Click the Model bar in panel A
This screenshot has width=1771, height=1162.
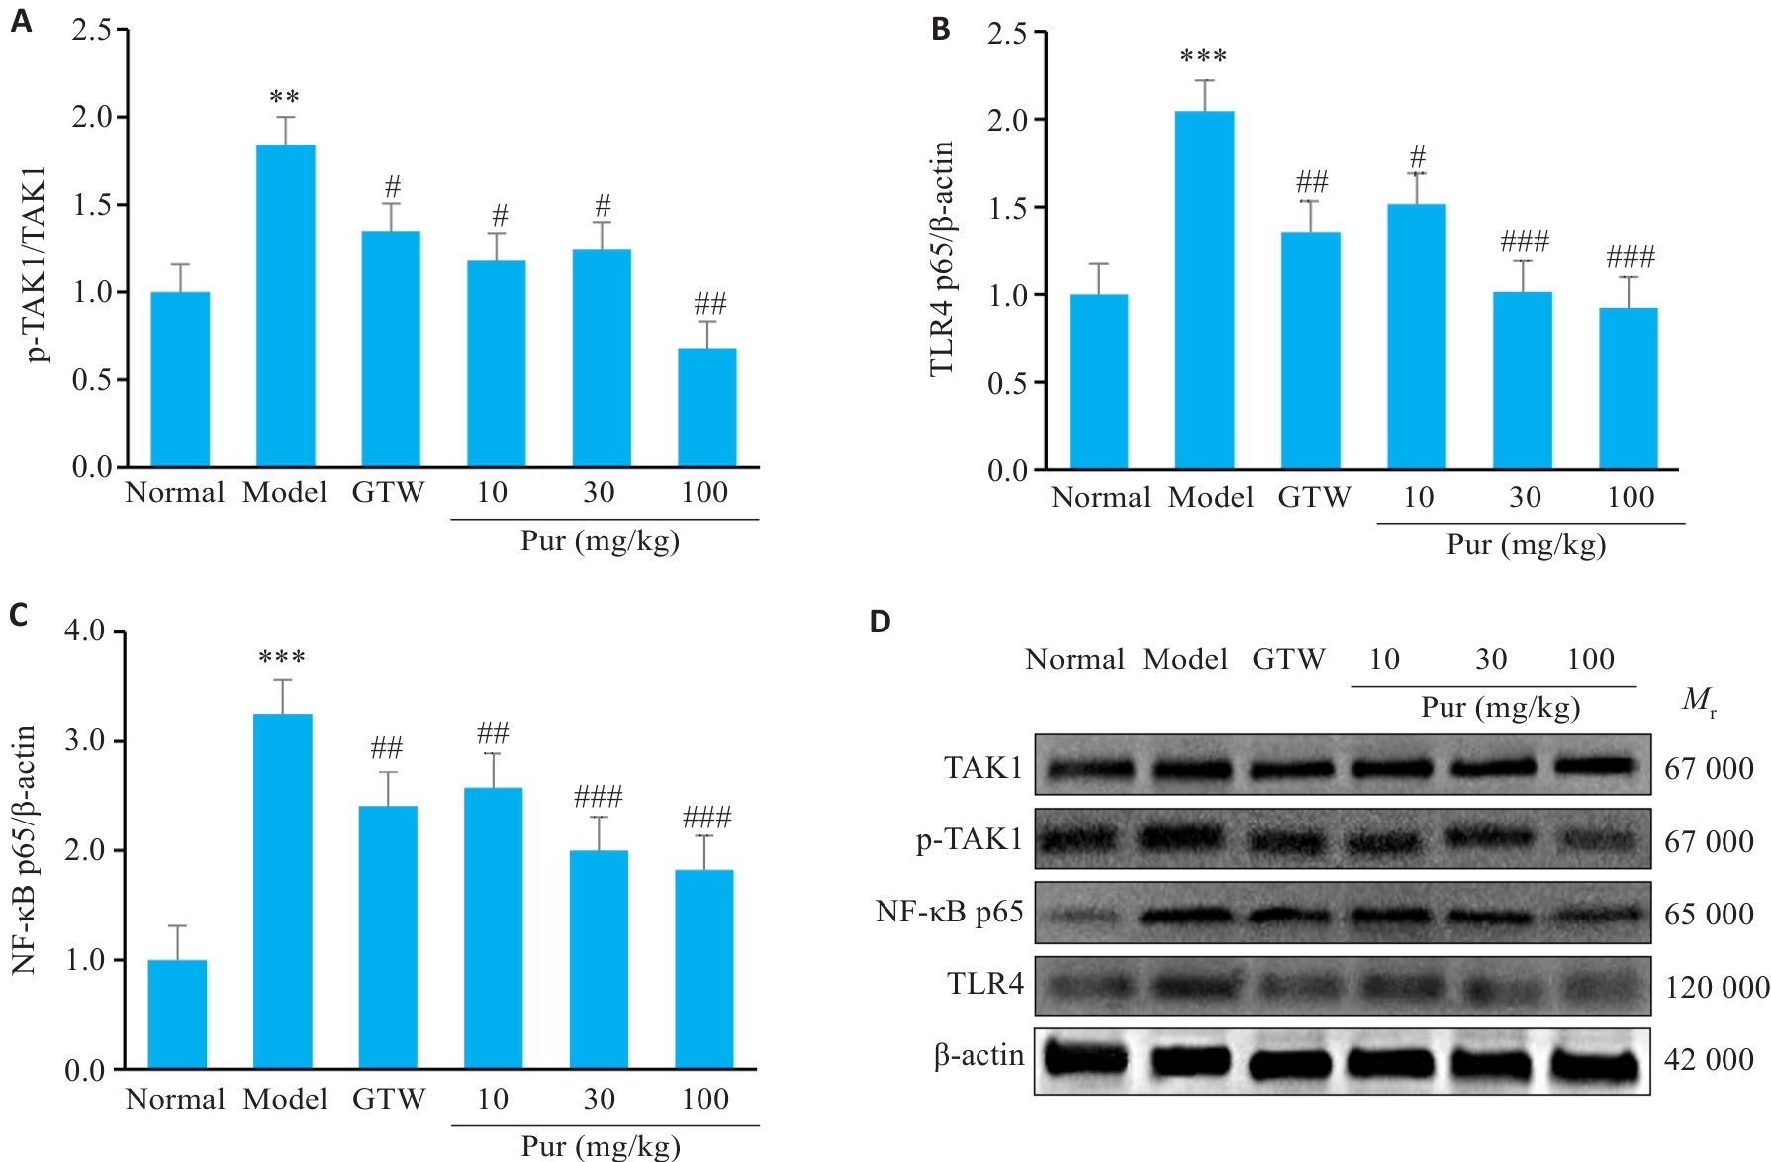tap(285, 305)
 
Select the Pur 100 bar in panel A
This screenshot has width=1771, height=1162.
tap(706, 407)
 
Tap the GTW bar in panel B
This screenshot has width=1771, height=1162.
tap(1310, 350)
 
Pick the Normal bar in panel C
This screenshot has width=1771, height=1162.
tap(177, 1015)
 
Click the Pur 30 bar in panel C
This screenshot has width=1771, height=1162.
tap(599, 959)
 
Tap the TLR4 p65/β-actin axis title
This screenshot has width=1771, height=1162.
tap(941, 257)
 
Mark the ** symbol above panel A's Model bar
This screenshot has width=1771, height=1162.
tap(285, 98)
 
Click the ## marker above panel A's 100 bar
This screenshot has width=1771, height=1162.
tap(709, 303)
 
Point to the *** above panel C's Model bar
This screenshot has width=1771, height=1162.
tap(282, 658)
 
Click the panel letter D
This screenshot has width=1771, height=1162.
tap(880, 622)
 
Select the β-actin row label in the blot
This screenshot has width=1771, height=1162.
tap(979, 1056)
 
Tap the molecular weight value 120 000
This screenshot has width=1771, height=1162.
tap(1717, 987)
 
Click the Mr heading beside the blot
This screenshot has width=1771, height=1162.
tap(1698, 701)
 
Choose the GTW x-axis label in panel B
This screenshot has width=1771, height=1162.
tap(1314, 497)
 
